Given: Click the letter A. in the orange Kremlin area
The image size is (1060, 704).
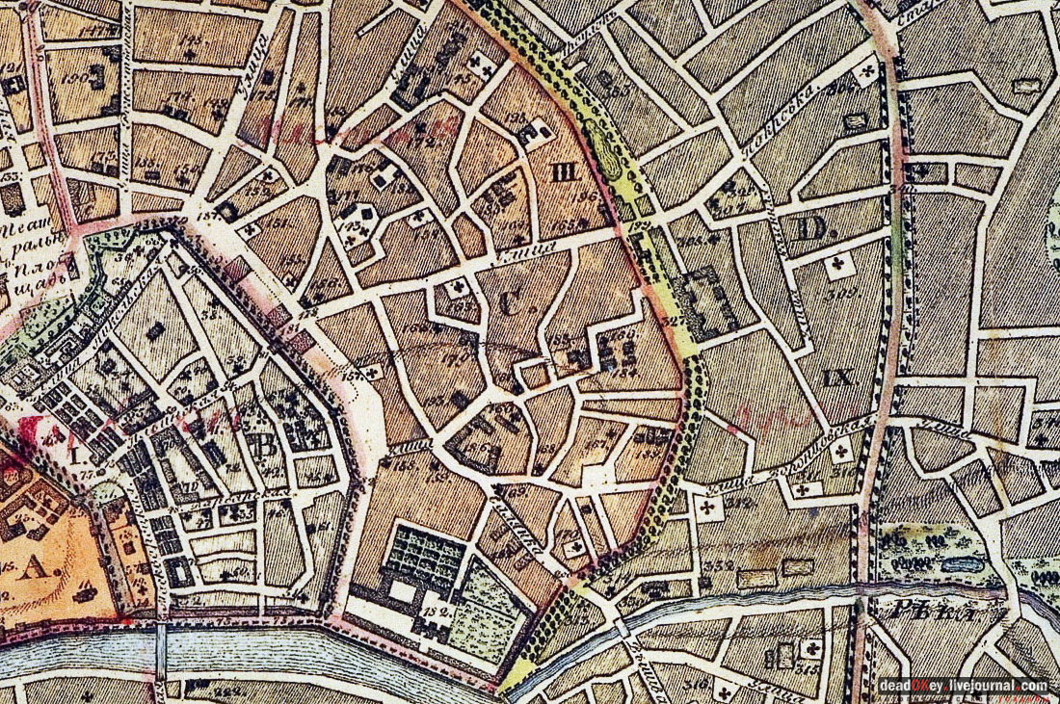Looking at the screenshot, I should (36, 568).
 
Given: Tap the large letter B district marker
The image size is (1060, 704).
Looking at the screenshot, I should (257, 445).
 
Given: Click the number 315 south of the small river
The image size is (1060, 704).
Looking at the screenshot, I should (808, 666).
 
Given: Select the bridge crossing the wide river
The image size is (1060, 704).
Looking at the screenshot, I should (161, 650).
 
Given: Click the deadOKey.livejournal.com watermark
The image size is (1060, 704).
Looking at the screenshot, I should (963, 685).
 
